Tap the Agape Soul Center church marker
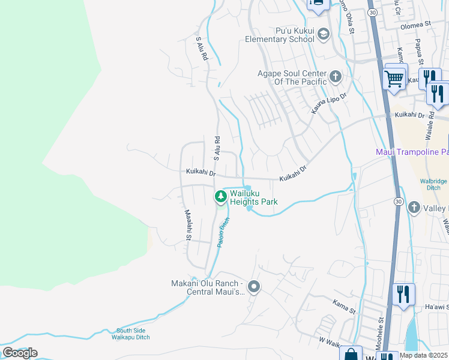tap(335, 76)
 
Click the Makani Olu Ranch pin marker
tap(253, 287)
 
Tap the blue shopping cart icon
tap(394, 77)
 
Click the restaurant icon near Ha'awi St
tap(402, 294)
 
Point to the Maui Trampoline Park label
tap(412, 152)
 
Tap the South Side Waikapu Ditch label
tap(131, 334)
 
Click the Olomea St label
tap(420, 25)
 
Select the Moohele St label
tap(381, 329)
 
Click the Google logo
tap(20, 352)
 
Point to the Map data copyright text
tap(424, 355)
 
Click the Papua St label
tap(418, 52)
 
